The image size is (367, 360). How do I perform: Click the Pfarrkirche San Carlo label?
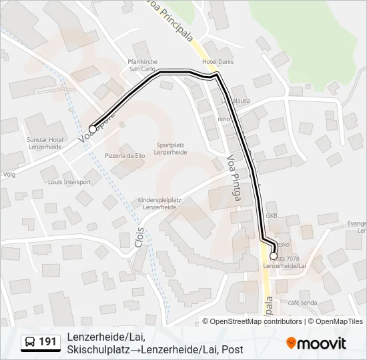tap(141, 65)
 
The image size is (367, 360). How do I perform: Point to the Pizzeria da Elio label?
tap(124, 155)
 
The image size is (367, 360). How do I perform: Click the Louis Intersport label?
tap(69, 181)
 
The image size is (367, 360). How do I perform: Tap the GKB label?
tap(272, 216)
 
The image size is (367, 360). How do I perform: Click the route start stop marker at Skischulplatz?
tap(93, 129)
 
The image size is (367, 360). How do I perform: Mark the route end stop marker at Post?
tap(274, 256)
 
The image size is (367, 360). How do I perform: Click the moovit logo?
tap(316, 343)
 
